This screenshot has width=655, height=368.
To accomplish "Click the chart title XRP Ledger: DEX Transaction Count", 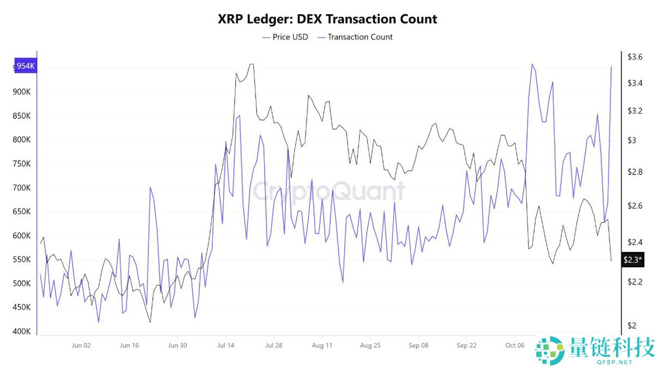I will tap(327, 19).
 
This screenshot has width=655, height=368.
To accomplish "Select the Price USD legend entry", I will tap(285, 37).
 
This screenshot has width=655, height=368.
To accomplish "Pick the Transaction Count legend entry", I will tap(354, 37).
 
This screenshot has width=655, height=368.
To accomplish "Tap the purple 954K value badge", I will tap(26, 66).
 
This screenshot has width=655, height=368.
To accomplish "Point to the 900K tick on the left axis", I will tap(22, 92).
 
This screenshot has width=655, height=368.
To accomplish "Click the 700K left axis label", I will tap(22, 188).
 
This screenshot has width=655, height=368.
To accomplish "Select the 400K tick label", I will tap(22, 331).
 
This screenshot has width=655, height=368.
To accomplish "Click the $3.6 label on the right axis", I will tap(635, 57).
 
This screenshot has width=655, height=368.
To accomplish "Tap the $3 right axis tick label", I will tap(632, 141).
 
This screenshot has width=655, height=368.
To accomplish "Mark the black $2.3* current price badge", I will tap(634, 260).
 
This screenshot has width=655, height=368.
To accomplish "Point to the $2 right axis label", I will tap(632, 326).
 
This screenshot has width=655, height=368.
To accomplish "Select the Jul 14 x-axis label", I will tap(225, 345).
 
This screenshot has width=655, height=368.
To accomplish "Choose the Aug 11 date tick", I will tap(322, 345).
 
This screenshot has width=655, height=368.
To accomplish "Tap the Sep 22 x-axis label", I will tap(467, 345).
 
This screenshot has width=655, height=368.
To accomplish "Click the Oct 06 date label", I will tap(515, 345).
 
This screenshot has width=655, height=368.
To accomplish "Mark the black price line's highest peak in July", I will tap(251, 64).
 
